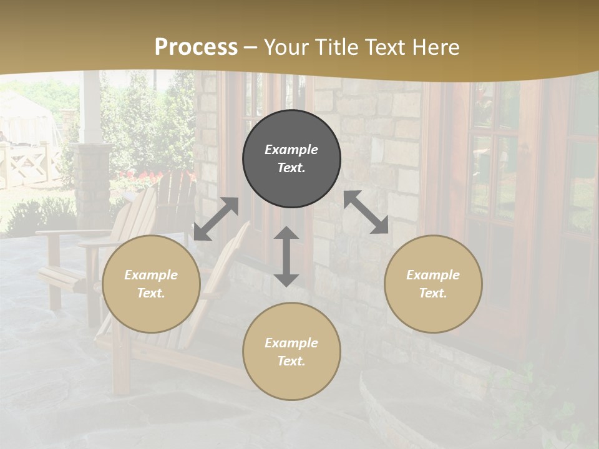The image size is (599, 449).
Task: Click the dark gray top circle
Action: [291, 159]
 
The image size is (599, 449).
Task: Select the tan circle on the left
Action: [151, 284]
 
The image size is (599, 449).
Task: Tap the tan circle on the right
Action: [433, 284]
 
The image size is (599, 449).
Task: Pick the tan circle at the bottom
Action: [291, 352]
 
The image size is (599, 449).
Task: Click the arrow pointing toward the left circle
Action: [216, 219]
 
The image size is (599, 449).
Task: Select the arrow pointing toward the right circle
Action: [366, 212]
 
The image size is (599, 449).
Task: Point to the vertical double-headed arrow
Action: [286, 256]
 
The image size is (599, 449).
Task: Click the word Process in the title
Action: [196, 47]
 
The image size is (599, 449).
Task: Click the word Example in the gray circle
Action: [291, 150]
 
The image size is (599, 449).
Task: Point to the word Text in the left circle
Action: [151, 293]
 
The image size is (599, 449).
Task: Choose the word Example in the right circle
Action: [433, 275]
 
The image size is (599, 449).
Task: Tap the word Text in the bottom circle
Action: [291, 361]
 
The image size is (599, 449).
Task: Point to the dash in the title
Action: [251, 47]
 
